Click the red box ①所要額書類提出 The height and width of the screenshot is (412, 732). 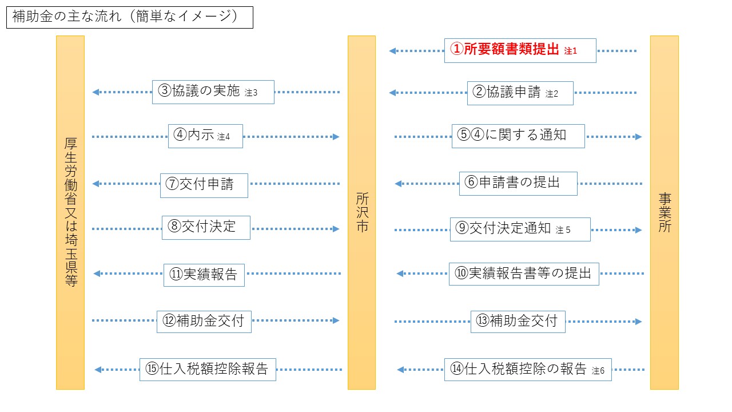[x=520, y=50]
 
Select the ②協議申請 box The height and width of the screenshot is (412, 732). [x=520, y=93]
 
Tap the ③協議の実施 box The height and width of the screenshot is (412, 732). [x=213, y=92]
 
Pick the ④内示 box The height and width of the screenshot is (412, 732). [x=205, y=136]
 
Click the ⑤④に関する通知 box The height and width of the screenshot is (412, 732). [x=518, y=136]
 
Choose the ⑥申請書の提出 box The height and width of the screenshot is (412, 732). [x=518, y=184]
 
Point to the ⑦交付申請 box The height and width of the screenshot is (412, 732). [x=204, y=185]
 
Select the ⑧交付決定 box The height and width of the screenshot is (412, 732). [x=206, y=228]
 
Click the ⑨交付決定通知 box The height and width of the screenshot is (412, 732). [x=520, y=229]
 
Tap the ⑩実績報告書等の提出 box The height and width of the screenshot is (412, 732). [x=524, y=274]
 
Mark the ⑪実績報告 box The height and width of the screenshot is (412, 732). [x=204, y=275]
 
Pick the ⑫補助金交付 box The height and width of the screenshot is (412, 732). [x=204, y=322]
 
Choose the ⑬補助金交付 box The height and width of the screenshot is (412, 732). [x=518, y=322]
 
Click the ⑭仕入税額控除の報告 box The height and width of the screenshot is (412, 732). [x=528, y=370]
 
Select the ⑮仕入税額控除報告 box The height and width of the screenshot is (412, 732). [x=208, y=370]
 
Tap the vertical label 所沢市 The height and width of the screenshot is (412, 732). [x=362, y=212]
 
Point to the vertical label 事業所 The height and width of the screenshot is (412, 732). [x=665, y=212]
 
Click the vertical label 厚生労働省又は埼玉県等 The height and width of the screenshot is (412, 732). [x=70, y=212]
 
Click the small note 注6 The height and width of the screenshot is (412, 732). [x=598, y=370]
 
